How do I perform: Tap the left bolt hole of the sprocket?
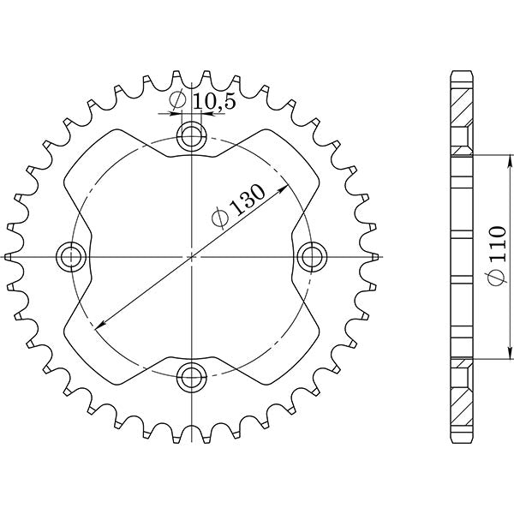[70, 255]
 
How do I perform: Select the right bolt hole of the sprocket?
[313, 255]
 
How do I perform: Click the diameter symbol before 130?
[220, 218]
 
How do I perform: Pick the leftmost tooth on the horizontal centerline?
[9, 255]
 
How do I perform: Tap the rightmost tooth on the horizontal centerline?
[374, 255]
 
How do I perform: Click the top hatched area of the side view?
[461, 107]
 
